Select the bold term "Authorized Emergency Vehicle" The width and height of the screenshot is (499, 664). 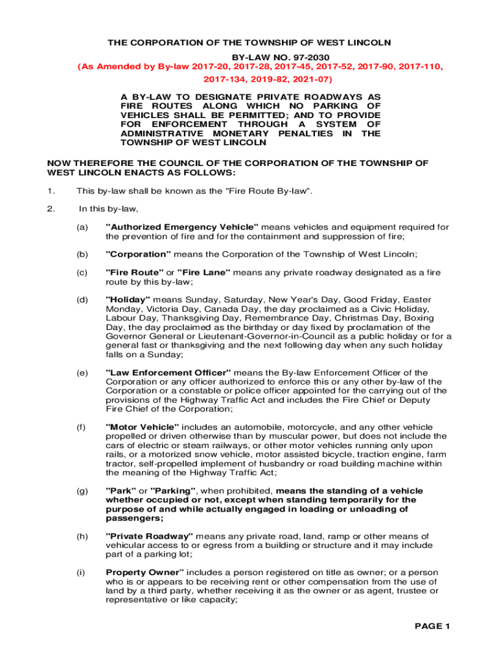pyautogui.click(x=182, y=227)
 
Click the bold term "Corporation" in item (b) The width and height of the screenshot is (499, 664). pyautogui.click(x=138, y=254)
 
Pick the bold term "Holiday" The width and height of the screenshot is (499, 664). pyautogui.click(x=128, y=300)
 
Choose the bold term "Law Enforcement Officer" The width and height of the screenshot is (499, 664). pyautogui.click(x=168, y=373)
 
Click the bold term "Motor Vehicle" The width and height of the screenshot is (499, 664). pyautogui.click(x=142, y=427)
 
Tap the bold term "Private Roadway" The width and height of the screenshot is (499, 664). pyautogui.click(x=150, y=536)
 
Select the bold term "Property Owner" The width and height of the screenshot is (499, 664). pyautogui.click(x=145, y=573)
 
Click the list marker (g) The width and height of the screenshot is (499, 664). pyautogui.click(x=82, y=491)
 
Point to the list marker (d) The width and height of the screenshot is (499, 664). pyautogui.click(x=82, y=300)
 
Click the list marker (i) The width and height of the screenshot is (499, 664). pyautogui.click(x=81, y=573)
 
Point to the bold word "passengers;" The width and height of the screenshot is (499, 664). pyautogui.click(x=134, y=518)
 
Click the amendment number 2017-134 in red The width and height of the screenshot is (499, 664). pyautogui.click(x=223, y=79)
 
